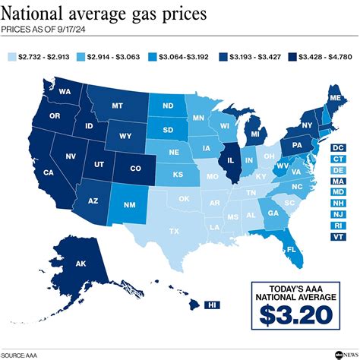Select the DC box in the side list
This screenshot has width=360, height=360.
point(338,147)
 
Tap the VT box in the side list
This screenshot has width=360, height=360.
point(338,237)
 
